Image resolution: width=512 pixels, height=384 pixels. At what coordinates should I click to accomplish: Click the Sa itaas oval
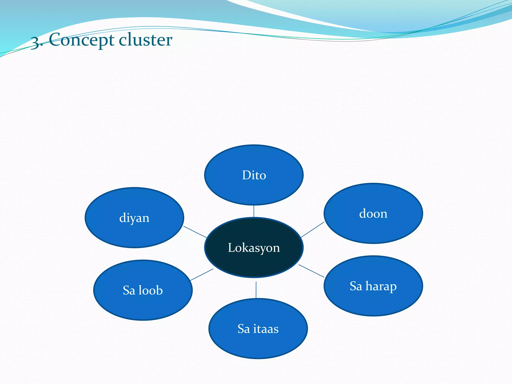(258, 342)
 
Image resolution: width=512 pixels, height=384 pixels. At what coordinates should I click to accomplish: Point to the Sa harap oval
(373, 300)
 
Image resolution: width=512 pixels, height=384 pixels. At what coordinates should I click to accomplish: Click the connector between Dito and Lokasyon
(254, 211)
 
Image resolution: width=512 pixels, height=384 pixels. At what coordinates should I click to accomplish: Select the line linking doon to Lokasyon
(312, 229)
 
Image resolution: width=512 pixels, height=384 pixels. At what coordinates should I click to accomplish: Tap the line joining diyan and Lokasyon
(195, 232)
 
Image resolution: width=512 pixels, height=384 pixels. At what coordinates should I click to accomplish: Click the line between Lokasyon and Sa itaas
(256, 290)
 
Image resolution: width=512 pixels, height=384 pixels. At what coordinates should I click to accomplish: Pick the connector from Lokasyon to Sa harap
(311, 271)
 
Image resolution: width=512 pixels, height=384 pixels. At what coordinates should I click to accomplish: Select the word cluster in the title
(145, 40)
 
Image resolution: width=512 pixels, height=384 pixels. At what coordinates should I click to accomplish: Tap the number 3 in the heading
(35, 42)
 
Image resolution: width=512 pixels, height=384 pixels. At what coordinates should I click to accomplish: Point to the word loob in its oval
(150, 290)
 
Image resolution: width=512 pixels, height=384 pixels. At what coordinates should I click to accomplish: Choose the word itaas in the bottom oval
(266, 329)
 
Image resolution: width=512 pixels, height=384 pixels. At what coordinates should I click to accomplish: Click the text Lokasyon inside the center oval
(254, 248)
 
